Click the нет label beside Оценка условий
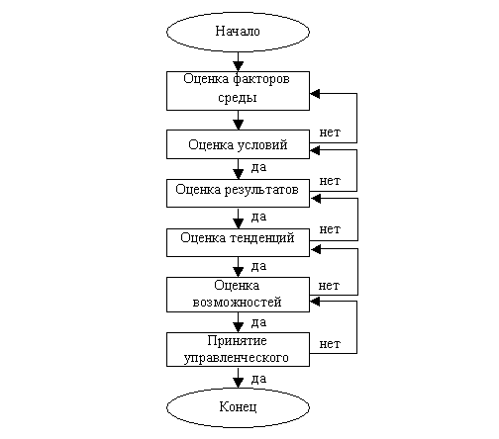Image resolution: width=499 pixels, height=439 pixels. pyautogui.click(x=330, y=132)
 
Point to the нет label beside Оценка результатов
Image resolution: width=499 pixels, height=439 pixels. pyautogui.click(x=330, y=181)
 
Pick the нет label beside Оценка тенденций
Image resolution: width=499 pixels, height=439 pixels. pyautogui.click(x=330, y=229)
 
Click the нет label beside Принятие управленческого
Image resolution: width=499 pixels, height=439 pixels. pyautogui.click(x=330, y=344)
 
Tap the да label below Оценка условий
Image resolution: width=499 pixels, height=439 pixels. pyautogui.click(x=258, y=167)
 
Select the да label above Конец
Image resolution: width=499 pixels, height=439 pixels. pyautogui.click(x=258, y=379)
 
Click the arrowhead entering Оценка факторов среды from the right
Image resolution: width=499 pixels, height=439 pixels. pyautogui.click(x=315, y=94)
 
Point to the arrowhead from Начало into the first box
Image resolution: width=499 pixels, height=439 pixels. pyautogui.click(x=238, y=66)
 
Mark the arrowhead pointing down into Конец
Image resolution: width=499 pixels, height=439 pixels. pyautogui.click(x=238, y=383)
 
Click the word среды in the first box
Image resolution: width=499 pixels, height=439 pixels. pyautogui.click(x=238, y=98)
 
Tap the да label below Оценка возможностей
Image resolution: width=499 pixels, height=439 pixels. pyautogui.click(x=258, y=322)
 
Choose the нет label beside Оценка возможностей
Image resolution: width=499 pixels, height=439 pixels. pyautogui.click(x=329, y=286)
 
